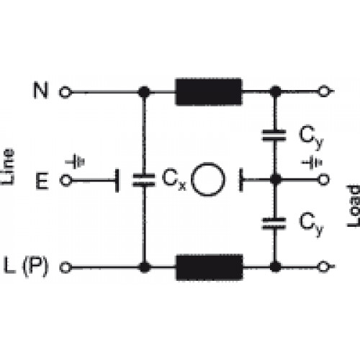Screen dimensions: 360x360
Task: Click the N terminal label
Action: [x=41, y=90]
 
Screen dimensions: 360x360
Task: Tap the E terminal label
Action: [x=42, y=181]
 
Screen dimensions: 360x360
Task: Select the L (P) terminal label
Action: [x=27, y=266]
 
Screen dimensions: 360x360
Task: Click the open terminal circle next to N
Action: [x=65, y=92]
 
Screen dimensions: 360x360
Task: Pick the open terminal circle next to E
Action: [x=66, y=180]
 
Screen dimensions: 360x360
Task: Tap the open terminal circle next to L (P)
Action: [x=66, y=267]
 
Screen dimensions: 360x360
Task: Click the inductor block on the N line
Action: [x=209, y=91]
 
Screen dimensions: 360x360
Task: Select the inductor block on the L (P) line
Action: [x=210, y=267]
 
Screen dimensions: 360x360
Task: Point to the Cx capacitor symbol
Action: [x=143, y=180]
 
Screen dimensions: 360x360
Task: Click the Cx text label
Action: [x=174, y=180]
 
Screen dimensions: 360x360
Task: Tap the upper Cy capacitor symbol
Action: [x=274, y=135]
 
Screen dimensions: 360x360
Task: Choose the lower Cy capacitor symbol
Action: [x=274, y=224]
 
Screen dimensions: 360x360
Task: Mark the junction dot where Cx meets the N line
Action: [x=145, y=92]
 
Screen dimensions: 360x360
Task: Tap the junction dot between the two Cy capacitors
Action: [x=275, y=179]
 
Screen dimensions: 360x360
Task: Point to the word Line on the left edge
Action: [x=8, y=167]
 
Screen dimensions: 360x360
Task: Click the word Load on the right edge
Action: [x=354, y=206]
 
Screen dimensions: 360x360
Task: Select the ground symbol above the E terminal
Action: [x=75, y=161]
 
